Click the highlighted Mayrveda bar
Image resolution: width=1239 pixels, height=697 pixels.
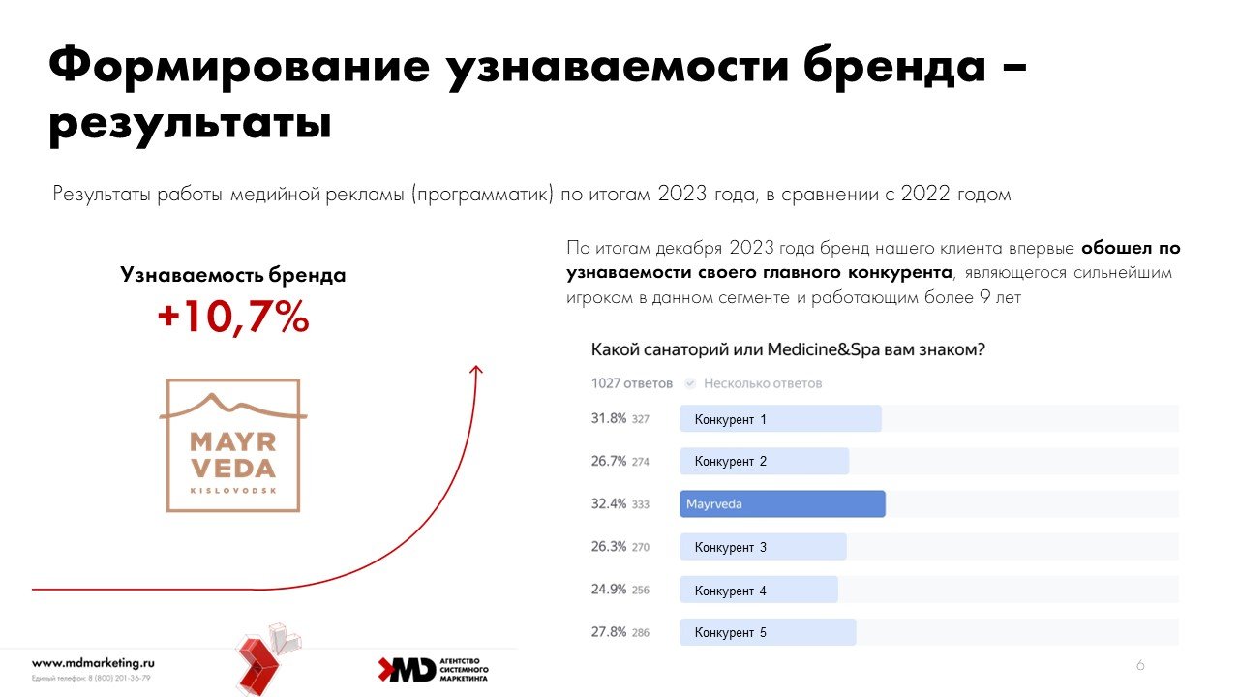click(782, 504)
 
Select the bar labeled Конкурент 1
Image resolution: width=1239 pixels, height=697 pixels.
click(780, 419)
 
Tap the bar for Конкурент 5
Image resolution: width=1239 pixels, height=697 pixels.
click(768, 632)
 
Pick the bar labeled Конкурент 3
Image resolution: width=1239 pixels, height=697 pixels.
click(763, 547)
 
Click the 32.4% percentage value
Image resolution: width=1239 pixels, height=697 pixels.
click(609, 504)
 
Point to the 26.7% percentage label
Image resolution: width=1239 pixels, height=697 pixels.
click(609, 462)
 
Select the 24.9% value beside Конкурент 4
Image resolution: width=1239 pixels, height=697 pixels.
click(609, 590)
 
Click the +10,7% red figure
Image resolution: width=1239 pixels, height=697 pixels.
click(233, 318)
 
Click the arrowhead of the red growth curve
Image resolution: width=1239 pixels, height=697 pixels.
click(475, 369)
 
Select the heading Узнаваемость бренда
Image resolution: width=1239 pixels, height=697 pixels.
click(233, 275)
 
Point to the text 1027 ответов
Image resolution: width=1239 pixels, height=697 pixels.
click(631, 383)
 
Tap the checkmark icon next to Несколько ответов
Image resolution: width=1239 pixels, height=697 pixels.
click(689, 383)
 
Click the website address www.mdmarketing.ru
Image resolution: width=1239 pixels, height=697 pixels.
click(93, 663)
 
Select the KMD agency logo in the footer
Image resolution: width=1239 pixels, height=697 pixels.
click(433, 669)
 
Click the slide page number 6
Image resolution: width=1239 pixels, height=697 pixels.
click(1140, 666)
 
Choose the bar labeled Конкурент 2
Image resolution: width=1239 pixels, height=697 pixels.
click(764, 462)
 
